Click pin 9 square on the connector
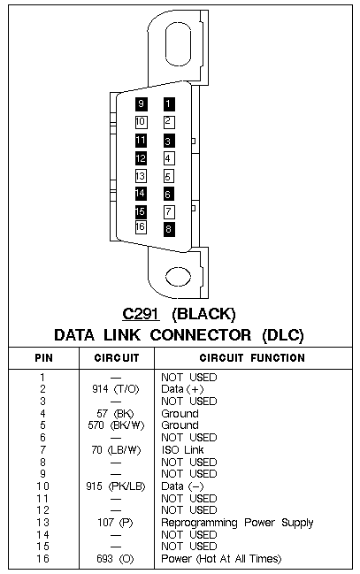point(141,104)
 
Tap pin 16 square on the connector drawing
point(141,227)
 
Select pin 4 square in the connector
point(168,158)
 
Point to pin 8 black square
point(168,230)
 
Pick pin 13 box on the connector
point(141,176)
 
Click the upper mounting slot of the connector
point(178,44)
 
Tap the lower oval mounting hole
point(178,276)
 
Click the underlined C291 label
point(141,314)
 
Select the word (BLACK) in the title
point(204,314)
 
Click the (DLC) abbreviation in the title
point(283,335)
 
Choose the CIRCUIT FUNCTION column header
point(252,357)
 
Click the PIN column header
point(43,357)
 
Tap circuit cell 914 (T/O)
point(116,389)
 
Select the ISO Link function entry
point(182,449)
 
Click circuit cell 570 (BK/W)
point(116,425)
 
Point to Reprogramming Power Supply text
point(237,523)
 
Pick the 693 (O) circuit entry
point(115,559)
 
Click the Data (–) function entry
point(182,486)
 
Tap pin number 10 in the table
point(42,486)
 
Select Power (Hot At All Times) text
point(221,559)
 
